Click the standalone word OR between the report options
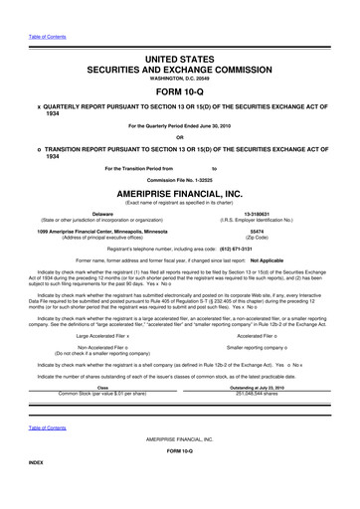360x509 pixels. pos(180,137)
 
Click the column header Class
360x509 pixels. pos(102,388)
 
